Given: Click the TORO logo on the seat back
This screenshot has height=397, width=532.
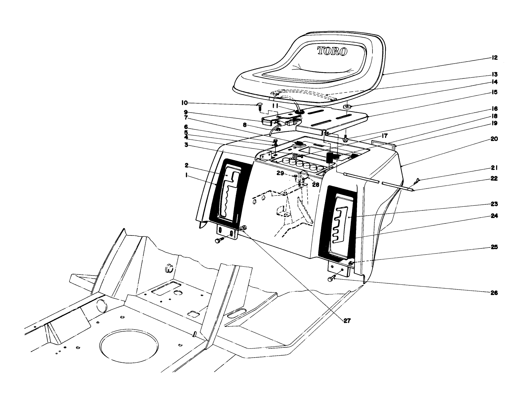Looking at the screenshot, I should tap(332, 51).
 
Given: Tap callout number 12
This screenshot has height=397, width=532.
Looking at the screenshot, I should tap(495, 57).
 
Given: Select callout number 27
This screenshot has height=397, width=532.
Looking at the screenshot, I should tap(347, 321).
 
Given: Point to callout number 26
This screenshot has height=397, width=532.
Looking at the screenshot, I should tap(494, 293).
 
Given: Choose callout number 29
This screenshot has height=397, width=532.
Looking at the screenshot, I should tap(280, 174).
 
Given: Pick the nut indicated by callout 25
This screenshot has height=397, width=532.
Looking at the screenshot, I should tap(352, 263).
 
